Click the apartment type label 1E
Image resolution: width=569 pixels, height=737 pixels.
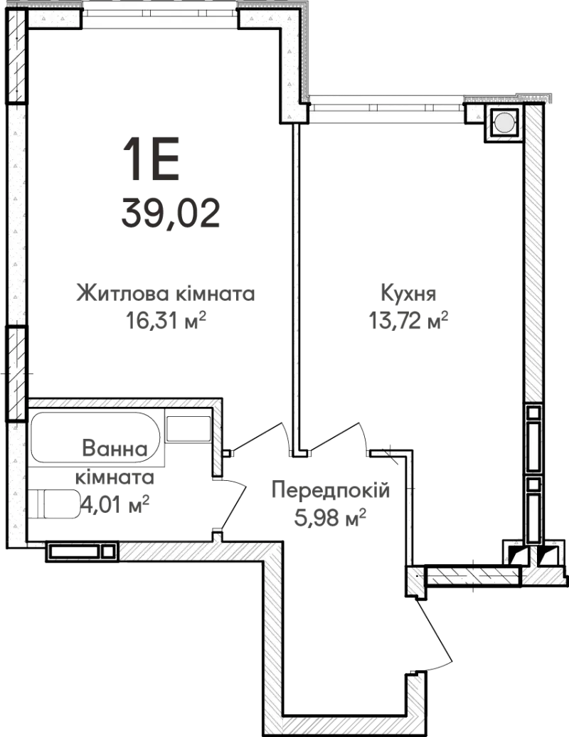click(151, 159)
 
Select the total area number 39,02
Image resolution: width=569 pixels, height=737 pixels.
click(171, 213)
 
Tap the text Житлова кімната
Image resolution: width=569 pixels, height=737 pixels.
click(166, 294)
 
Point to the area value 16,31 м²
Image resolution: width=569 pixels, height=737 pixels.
click(166, 321)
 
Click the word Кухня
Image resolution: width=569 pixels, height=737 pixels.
click(408, 294)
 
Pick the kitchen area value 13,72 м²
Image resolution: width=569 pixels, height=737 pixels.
click(408, 321)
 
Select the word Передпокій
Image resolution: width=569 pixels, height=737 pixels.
click(331, 490)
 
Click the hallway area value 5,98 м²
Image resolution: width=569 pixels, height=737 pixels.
click(330, 517)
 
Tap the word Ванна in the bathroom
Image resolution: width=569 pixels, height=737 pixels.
click(115, 448)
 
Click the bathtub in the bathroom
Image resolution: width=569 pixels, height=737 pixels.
click(95, 437)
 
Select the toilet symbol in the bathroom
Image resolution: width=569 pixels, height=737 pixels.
click(54, 504)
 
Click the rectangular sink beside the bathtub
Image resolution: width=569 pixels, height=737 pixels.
click(188, 429)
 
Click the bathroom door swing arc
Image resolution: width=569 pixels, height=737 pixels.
click(234, 504)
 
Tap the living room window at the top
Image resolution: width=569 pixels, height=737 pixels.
click(160, 12)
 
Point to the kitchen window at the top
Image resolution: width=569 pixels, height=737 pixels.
click(386, 107)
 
